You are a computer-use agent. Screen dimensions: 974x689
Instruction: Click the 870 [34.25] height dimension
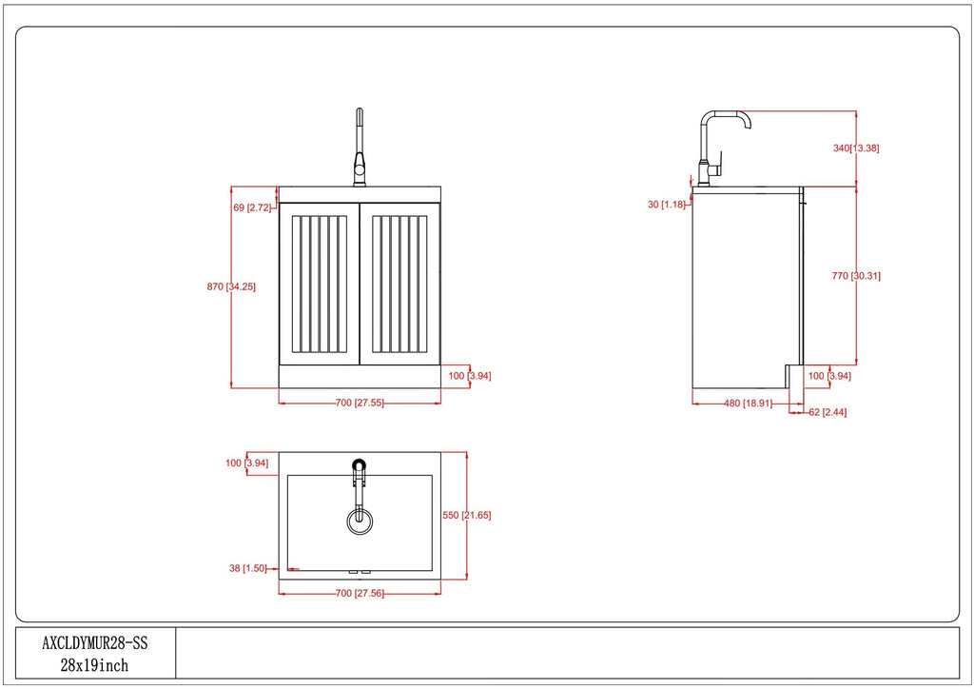click(x=231, y=287)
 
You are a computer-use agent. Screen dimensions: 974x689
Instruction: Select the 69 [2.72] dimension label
click(x=252, y=207)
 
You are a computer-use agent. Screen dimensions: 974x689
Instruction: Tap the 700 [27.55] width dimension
click(x=360, y=403)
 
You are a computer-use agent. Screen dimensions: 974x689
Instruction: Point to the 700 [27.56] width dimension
click(x=360, y=593)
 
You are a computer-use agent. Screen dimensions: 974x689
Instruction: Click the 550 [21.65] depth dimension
click(x=466, y=515)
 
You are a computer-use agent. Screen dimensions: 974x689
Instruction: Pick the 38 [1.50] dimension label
click(x=248, y=568)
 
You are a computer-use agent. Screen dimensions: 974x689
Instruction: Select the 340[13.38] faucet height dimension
click(x=856, y=148)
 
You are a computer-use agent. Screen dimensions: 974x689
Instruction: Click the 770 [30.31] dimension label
click(x=856, y=276)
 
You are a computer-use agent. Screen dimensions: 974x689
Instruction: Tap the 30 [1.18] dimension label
click(x=667, y=205)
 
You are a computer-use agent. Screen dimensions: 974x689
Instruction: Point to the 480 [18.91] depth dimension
click(x=748, y=404)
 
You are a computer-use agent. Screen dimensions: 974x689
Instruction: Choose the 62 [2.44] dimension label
click(x=828, y=412)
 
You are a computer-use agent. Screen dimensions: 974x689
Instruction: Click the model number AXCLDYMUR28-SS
click(x=95, y=642)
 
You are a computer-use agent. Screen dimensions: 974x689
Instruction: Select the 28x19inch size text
click(x=94, y=665)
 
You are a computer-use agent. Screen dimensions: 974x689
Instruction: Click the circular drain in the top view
click(x=360, y=521)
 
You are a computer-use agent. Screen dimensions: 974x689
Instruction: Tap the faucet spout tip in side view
click(x=748, y=127)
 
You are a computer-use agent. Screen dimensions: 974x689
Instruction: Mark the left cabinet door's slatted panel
click(x=320, y=285)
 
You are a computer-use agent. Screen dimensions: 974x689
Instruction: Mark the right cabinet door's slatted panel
click(x=399, y=285)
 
